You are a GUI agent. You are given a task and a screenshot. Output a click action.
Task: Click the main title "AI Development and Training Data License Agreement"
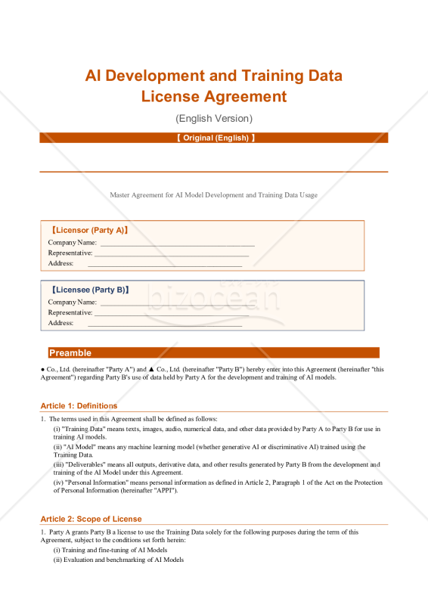click(x=214, y=85)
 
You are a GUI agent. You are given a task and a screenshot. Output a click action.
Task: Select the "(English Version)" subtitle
click(x=214, y=118)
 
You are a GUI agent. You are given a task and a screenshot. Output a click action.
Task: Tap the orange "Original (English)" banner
click(x=214, y=138)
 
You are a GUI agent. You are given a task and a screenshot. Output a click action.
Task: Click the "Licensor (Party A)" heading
click(x=89, y=230)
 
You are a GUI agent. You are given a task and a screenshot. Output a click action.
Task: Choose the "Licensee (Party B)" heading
click(x=89, y=290)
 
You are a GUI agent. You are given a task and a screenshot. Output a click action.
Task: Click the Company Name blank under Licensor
click(x=177, y=243)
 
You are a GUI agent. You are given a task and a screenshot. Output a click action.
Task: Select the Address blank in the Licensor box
click(x=165, y=263)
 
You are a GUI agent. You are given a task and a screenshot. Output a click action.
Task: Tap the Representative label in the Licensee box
click(x=70, y=312)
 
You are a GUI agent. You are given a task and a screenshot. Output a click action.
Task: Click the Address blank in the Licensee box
click(x=165, y=323)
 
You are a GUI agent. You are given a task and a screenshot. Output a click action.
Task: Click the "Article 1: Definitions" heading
click(x=79, y=406)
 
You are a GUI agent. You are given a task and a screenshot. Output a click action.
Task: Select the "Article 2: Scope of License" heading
click(x=91, y=519)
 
